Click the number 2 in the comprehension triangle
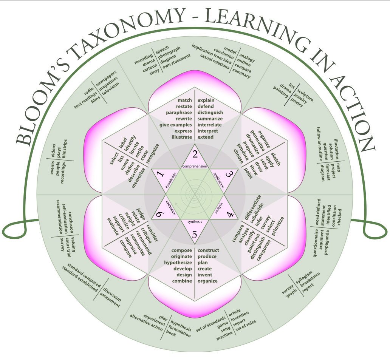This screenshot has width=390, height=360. pyautogui.click(x=195, y=154)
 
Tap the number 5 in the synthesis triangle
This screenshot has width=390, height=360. pyautogui.click(x=195, y=235)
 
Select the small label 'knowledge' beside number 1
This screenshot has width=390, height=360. pyautogui.click(x=171, y=180)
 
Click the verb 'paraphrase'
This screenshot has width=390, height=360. pyautogui.click(x=179, y=113)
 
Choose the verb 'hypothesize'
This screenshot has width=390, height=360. pyautogui.click(x=178, y=263)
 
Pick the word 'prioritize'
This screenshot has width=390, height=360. pyautogui.click(x=278, y=226)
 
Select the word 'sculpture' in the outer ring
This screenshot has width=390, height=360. pyautogui.click(x=305, y=94)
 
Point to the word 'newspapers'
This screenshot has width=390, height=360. pyautogui.click(x=106, y=79)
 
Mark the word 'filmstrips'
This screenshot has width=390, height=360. pyautogui.click(x=64, y=149)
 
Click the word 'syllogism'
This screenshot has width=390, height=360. pyautogui.click(x=304, y=277)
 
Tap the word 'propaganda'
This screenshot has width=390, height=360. pyautogui.click(x=327, y=243)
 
